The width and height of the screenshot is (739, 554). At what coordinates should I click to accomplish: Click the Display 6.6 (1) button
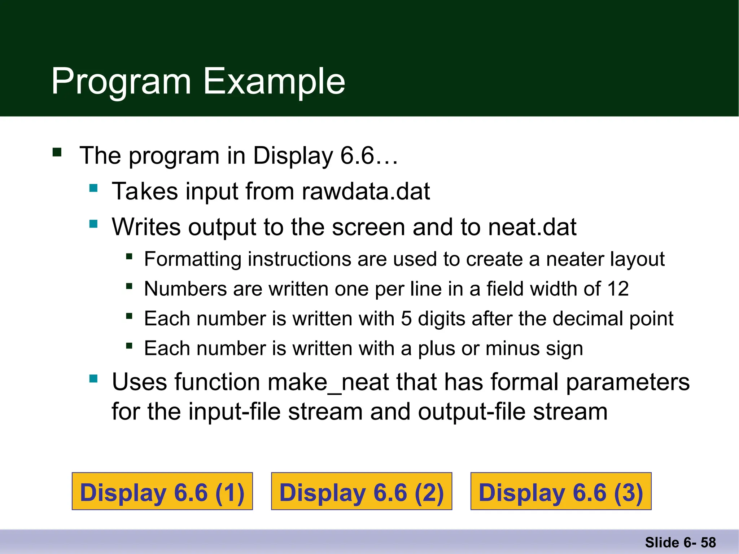(162, 491)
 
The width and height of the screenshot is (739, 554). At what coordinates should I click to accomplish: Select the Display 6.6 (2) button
(362, 491)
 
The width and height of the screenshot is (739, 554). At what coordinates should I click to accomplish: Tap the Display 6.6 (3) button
(561, 491)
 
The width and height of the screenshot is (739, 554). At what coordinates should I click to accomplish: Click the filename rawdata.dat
(366, 191)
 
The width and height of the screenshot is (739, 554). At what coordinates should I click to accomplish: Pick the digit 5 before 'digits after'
(406, 319)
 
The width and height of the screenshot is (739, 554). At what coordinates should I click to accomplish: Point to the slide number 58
(708, 542)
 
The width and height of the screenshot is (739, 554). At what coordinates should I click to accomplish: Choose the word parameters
(628, 382)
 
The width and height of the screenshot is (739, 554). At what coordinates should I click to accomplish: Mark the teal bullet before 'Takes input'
(93, 188)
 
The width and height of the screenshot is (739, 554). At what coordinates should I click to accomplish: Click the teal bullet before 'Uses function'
(93, 378)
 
